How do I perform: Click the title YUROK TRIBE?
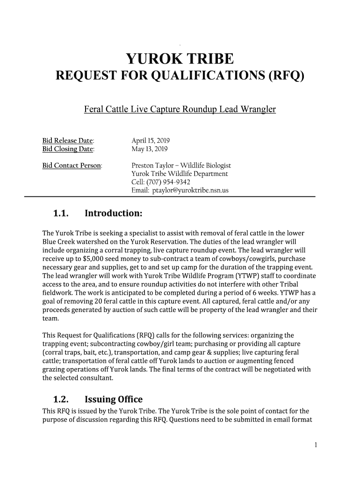180,59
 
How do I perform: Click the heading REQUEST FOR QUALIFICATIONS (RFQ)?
180,75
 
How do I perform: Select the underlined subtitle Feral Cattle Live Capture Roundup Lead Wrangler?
180,110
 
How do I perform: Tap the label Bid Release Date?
68,141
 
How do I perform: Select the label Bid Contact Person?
72,166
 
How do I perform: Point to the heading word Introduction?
113,214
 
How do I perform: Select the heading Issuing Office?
113,399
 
